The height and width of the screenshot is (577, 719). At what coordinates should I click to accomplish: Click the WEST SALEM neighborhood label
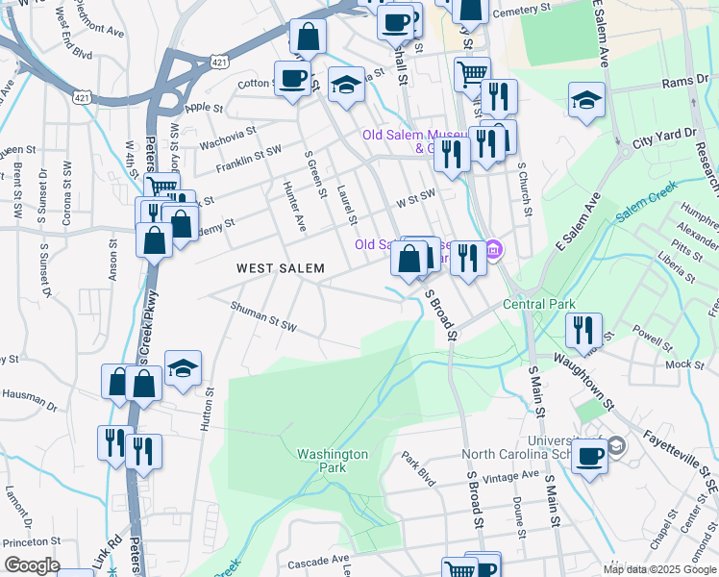click(281, 268)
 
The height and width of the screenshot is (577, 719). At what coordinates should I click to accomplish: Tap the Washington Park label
click(333, 461)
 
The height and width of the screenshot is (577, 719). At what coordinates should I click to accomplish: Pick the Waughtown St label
click(571, 378)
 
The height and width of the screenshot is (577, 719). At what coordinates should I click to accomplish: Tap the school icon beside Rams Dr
click(585, 99)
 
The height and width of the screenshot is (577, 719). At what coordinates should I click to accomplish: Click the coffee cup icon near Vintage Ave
click(589, 454)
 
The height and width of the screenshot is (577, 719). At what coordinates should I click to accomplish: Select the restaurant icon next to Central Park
click(583, 329)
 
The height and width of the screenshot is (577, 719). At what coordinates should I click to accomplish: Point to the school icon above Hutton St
click(182, 368)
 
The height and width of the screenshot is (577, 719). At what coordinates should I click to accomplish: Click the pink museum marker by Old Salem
click(494, 250)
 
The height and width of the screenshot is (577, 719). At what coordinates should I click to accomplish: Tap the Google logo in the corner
click(31, 565)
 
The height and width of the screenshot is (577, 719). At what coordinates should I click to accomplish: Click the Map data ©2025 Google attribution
click(658, 569)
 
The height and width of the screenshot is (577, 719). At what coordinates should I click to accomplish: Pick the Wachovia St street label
click(228, 138)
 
